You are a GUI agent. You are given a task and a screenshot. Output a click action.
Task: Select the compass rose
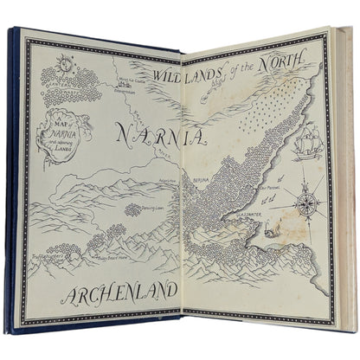[305, 204]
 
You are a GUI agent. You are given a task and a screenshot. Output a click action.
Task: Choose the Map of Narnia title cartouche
[57, 139]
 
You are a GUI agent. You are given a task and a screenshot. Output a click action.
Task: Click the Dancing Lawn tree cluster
[133, 209]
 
